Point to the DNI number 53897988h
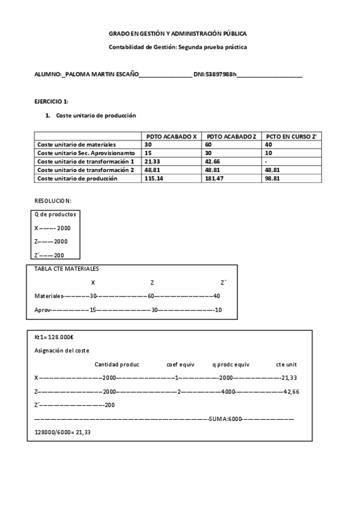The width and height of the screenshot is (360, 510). point(221,75)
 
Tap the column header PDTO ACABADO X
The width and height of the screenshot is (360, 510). point(171,137)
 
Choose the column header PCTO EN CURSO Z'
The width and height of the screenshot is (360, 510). point(291,137)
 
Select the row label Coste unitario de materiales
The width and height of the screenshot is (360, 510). point(76,145)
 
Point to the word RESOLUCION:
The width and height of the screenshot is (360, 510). point(53,200)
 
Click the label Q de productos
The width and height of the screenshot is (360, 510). point(55,214)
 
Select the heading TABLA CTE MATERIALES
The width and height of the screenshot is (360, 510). point(66,269)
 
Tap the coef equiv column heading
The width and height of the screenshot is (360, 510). point(181,364)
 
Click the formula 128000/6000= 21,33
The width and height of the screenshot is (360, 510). point(63,432)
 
